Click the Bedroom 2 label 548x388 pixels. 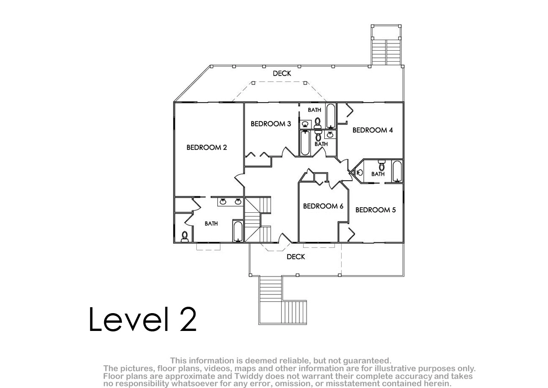pos(207,147)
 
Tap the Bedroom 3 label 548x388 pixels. pos(271,124)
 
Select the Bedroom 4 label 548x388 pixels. pos(373,130)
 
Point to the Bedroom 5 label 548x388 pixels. pos(375,210)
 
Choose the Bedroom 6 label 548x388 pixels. pos(323,206)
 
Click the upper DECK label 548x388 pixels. pos(282,73)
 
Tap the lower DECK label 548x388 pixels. pos(296,257)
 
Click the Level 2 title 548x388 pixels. pos(143,319)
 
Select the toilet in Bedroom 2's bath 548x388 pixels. pos(184,236)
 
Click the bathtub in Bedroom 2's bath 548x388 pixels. pos(238,231)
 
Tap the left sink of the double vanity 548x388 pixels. pos(223,202)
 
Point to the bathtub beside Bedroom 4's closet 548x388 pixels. pos(331,116)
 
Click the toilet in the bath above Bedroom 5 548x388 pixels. pos(381,166)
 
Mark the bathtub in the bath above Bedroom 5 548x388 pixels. pos(397,171)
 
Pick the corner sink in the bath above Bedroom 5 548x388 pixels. pos(359,173)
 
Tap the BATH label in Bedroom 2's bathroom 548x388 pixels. pos(211,224)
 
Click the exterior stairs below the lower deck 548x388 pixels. pos(283,300)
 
